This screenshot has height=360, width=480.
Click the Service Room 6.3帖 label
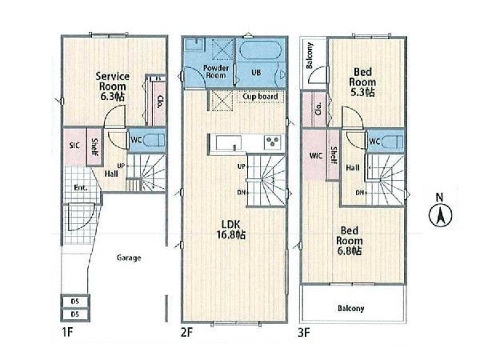[112, 86]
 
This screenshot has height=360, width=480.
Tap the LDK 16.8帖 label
[231, 230]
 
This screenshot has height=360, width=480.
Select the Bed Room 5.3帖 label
[362, 82]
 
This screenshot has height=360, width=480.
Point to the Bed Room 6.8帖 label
[350, 241]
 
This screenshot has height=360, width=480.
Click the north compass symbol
[440, 211]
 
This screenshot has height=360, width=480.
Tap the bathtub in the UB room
[259, 50]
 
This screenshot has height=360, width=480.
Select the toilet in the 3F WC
[392, 142]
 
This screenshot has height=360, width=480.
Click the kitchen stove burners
[273, 142]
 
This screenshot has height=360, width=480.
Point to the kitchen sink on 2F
[228, 142]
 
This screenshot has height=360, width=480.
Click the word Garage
[129, 258]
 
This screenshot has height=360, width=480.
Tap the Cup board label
[260, 97]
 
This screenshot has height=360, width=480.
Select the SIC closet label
[74, 145]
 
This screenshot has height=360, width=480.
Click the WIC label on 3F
[316, 156]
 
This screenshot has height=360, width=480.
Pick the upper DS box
[75, 302]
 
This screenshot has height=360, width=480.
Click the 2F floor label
[186, 332]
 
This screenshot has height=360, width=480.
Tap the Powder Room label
[216, 72]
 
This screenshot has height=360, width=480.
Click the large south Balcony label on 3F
[351, 308]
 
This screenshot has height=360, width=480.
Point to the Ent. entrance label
[81, 187]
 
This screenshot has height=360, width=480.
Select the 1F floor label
[67, 332]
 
